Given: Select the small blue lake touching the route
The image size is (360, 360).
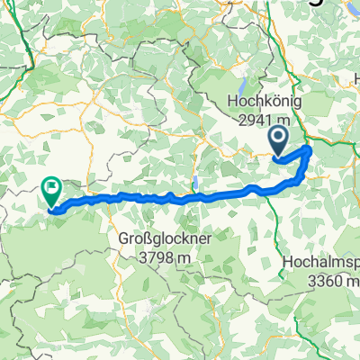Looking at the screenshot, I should (x=194, y=184).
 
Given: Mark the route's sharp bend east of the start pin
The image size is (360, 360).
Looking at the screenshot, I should (x=309, y=148).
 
